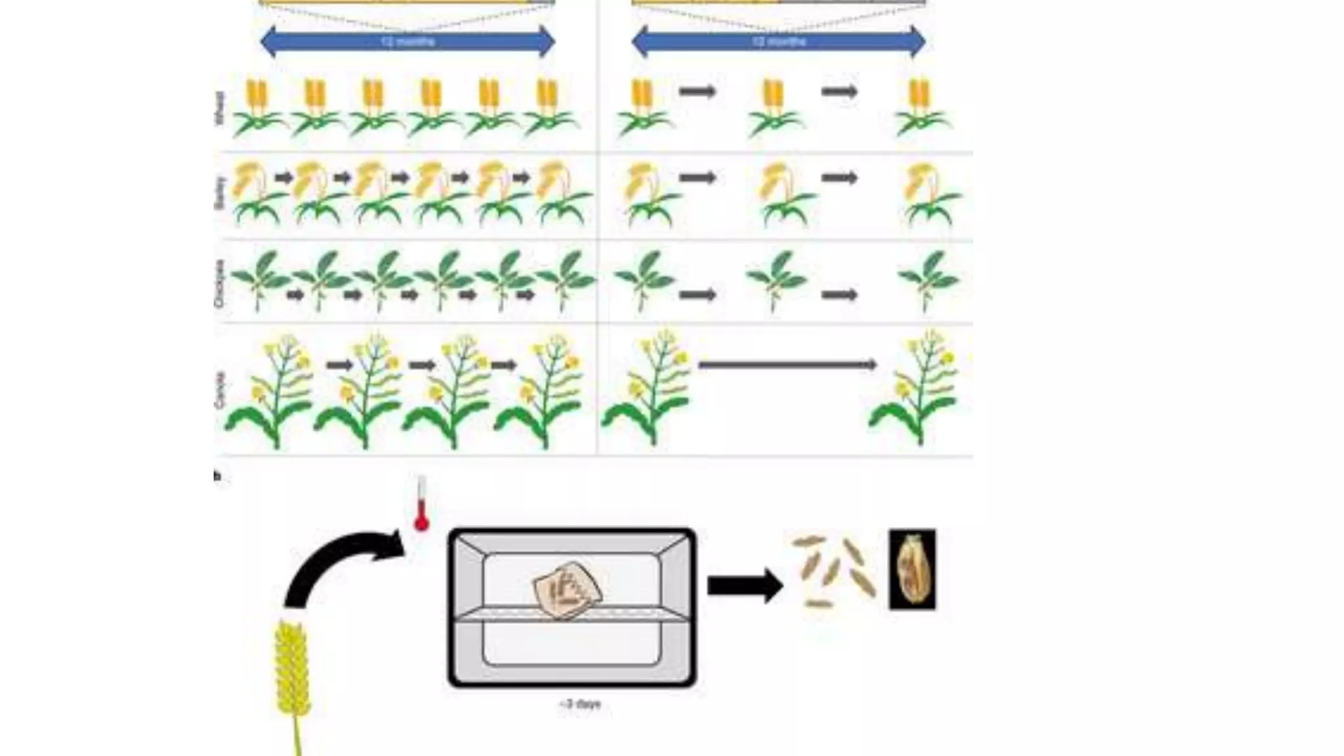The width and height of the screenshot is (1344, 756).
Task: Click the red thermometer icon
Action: (421, 504)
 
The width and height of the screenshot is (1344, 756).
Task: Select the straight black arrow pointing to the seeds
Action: (744, 585)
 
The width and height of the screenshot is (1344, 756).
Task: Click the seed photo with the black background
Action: (912, 570)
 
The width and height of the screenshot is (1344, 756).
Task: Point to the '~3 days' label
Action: (580, 704)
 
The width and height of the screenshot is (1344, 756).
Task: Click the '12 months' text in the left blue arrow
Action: (408, 42)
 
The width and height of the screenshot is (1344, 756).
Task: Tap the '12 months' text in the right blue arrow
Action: (778, 42)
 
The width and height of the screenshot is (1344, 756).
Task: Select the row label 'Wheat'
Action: (219, 108)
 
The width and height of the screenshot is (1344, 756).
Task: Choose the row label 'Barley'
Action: (219, 193)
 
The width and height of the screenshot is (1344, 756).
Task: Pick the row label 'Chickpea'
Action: (219, 283)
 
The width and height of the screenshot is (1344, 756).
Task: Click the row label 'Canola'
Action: (219, 390)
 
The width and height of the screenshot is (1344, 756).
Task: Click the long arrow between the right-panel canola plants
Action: (787, 365)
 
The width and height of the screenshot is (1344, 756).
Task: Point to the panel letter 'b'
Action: (217, 476)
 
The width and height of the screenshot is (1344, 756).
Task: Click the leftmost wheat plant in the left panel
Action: (259, 108)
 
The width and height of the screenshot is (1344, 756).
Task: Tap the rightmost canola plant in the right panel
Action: (916, 390)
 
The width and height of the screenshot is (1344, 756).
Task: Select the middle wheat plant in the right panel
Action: (775, 108)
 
